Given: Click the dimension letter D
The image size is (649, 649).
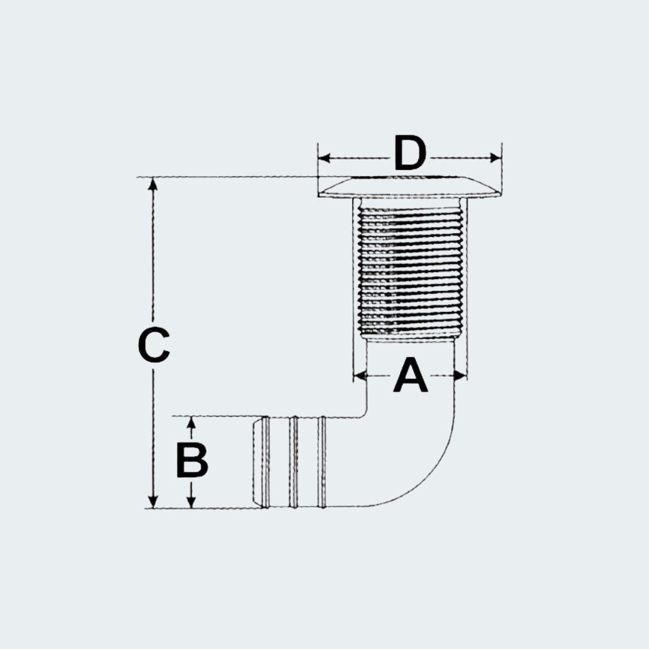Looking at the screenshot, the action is tap(410, 153).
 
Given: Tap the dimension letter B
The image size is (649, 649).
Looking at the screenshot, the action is tap(192, 460).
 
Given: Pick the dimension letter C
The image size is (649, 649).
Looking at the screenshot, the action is tap(154, 345).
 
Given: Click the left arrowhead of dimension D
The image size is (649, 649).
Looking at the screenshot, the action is tap(324, 157).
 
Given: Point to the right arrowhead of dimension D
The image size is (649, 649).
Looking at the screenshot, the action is tap(495, 157).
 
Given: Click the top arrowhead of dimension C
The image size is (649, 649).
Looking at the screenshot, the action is tap(153, 183).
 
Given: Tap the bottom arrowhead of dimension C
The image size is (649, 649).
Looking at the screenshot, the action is tap(153, 502).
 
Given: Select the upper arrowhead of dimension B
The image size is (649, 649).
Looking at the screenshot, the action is tap(191, 422).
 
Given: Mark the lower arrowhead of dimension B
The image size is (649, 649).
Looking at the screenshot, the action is tap(191, 502).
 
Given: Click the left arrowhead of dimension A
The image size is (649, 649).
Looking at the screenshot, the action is tap(360, 376).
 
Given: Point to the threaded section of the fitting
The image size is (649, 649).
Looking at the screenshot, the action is tap(410, 273).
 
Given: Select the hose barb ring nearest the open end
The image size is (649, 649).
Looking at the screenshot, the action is tap(266, 462).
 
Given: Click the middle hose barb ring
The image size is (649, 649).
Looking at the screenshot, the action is tap(293, 462).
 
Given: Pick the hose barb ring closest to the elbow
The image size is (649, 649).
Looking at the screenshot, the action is tap(321, 462).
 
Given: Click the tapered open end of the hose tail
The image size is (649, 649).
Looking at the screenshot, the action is tap(257, 462).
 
